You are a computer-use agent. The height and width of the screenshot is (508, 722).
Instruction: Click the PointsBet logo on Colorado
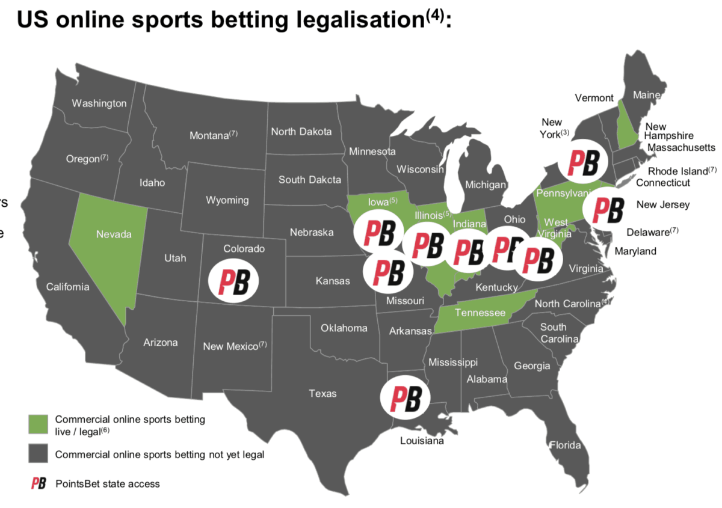[x=233, y=280]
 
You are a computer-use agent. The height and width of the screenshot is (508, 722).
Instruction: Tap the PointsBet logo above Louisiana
[x=406, y=397]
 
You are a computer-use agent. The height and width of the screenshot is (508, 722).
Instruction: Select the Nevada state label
[x=114, y=234]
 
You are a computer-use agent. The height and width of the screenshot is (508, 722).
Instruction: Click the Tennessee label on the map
[x=480, y=313]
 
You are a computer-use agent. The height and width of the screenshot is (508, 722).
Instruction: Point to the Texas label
[x=322, y=394]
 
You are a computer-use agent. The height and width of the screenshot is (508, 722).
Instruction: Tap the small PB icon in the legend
[x=39, y=483]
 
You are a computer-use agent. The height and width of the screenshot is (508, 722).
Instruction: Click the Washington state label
[x=99, y=103]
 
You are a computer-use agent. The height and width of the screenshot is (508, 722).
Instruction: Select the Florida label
[x=566, y=445]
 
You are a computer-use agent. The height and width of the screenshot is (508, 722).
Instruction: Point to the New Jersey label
[x=663, y=205]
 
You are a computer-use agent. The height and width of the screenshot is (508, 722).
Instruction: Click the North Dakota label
[x=301, y=131]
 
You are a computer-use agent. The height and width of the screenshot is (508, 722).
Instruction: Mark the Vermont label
[x=594, y=98]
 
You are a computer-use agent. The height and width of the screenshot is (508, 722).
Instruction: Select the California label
[x=67, y=287]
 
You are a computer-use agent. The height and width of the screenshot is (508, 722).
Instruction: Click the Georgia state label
[x=532, y=366]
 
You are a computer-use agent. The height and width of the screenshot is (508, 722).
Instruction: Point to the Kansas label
[x=333, y=281]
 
